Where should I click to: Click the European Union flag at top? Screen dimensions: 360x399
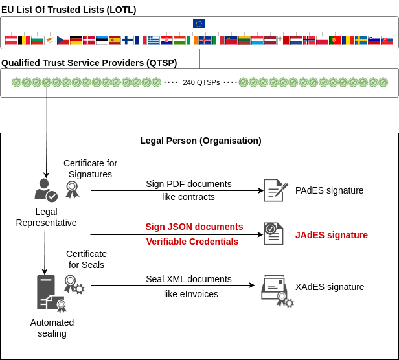pos(199,24)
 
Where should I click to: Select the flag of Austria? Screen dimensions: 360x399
pos(11,40)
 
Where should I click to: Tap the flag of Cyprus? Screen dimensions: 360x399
pos(50,40)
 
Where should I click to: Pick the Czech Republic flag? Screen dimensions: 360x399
pos(63,40)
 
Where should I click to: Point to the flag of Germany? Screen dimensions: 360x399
pos(76,40)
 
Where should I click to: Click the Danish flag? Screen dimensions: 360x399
pos(89,40)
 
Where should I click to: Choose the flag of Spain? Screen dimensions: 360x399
pos(115,40)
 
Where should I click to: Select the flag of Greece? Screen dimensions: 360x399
pos(154,40)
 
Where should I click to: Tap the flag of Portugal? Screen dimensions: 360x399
pos(335,40)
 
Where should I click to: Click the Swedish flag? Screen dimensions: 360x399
pos(361,40)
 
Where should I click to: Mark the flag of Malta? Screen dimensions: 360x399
pos(283,40)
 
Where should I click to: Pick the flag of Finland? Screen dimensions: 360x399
pos(128,40)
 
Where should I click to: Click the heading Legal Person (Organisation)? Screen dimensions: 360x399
pos(201,141)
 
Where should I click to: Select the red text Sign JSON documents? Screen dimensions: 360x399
pos(194,227)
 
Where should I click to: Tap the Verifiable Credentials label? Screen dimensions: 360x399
pos(192,242)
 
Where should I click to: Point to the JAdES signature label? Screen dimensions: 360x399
pos(332,235)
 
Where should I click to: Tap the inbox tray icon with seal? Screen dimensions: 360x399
pos(275,289)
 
